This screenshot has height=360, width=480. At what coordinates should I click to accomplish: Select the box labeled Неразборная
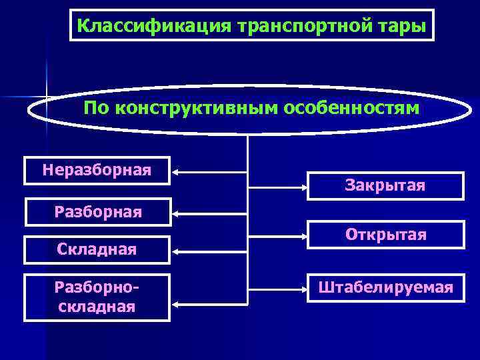(97, 171)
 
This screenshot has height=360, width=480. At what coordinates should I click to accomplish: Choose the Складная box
(97, 250)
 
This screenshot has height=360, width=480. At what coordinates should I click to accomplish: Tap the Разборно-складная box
(97, 297)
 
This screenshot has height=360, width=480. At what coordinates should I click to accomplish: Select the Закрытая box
(385, 185)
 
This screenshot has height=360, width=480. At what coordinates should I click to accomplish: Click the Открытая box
(385, 235)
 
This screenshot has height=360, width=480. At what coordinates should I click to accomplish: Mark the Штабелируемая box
(385, 288)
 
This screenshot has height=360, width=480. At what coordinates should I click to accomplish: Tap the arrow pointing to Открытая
(277, 235)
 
